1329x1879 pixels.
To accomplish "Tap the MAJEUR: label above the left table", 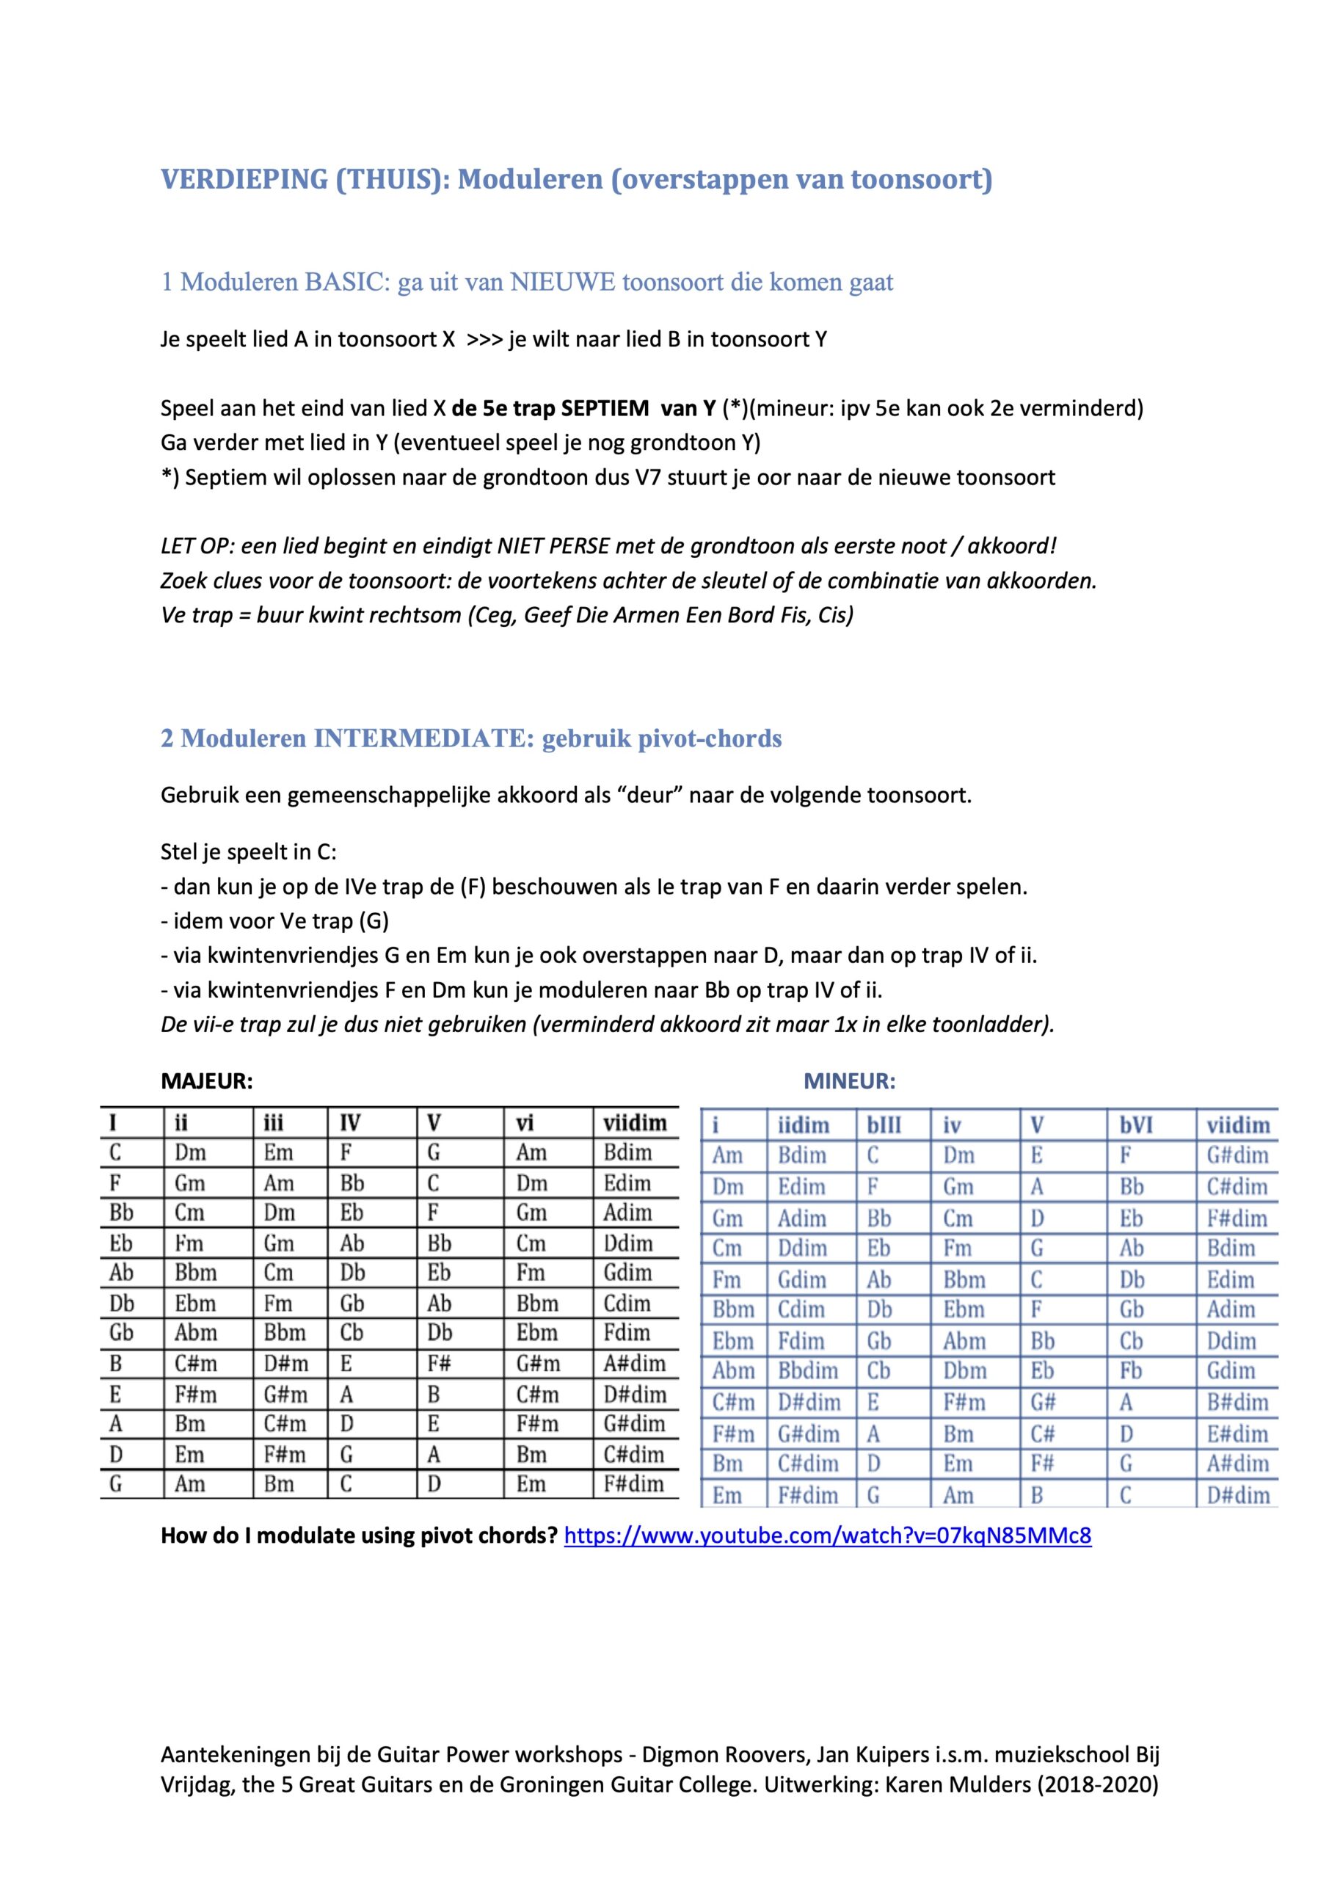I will [206, 1081].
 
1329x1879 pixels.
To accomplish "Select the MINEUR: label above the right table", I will [850, 1081].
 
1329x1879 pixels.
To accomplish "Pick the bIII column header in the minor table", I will [884, 1125].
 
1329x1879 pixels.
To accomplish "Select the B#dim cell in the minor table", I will [1237, 1403].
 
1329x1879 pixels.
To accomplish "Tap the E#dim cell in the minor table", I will [1237, 1433].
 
